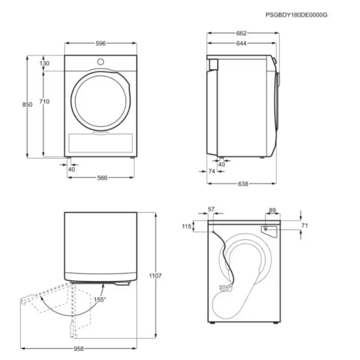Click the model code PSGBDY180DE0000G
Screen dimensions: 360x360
click(x=296, y=14)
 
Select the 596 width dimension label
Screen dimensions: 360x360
click(x=100, y=44)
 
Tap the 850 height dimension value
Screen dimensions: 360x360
click(x=27, y=104)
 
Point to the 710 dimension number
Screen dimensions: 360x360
click(x=44, y=102)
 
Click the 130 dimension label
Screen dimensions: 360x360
click(x=44, y=63)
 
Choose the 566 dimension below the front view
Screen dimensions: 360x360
click(x=102, y=178)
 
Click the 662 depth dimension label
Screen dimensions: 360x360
click(x=241, y=33)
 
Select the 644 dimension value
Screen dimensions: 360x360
click(x=241, y=44)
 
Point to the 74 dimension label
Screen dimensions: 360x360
click(x=212, y=171)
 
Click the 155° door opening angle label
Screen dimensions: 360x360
click(x=99, y=299)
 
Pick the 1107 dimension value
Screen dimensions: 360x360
click(x=155, y=275)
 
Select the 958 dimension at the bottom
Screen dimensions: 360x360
click(x=79, y=349)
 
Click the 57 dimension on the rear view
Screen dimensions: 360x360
click(x=212, y=209)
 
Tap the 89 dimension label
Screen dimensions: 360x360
click(x=272, y=210)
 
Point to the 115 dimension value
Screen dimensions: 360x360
click(x=187, y=227)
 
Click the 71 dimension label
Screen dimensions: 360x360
click(x=305, y=225)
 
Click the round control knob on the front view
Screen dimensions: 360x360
click(x=100, y=61)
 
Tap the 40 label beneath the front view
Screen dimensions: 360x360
click(x=72, y=169)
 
